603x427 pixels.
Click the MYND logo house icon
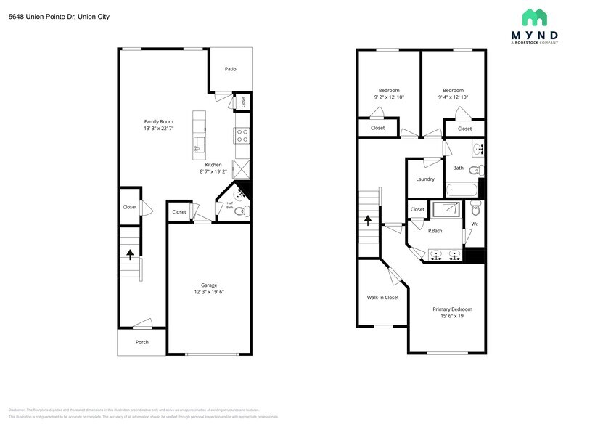pos(535,17)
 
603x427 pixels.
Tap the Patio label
pos(230,69)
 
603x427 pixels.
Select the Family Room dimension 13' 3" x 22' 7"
pos(158,129)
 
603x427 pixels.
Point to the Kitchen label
pos(213,165)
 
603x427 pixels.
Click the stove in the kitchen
pos(242,134)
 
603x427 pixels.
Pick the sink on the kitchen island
pos(199,149)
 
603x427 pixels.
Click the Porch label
pos(142,342)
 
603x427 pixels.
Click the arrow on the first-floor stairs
pos(131,254)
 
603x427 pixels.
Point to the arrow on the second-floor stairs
pos(368,219)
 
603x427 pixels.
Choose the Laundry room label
pos(425,179)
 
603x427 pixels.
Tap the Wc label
pos(475,224)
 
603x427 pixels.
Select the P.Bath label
pos(435,231)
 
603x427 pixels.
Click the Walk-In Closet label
pos(382,297)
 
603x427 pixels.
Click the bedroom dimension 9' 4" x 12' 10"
pos(453,97)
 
